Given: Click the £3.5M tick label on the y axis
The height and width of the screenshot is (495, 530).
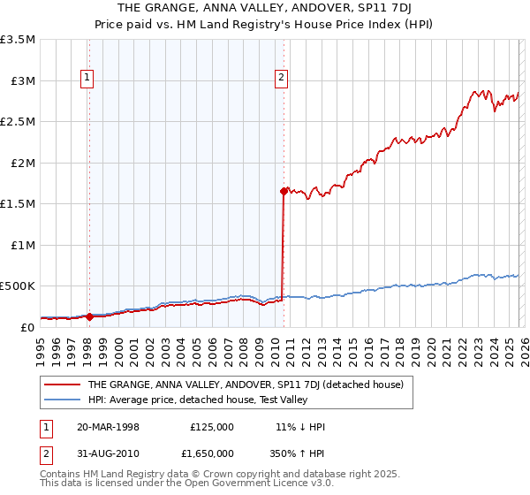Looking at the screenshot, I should tap(18, 40).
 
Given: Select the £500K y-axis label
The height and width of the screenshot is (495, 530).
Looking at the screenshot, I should tap(18, 286).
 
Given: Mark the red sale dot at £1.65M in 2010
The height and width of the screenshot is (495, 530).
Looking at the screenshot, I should tap(284, 190).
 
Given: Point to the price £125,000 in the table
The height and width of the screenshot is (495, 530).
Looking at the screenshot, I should tap(211, 426).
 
